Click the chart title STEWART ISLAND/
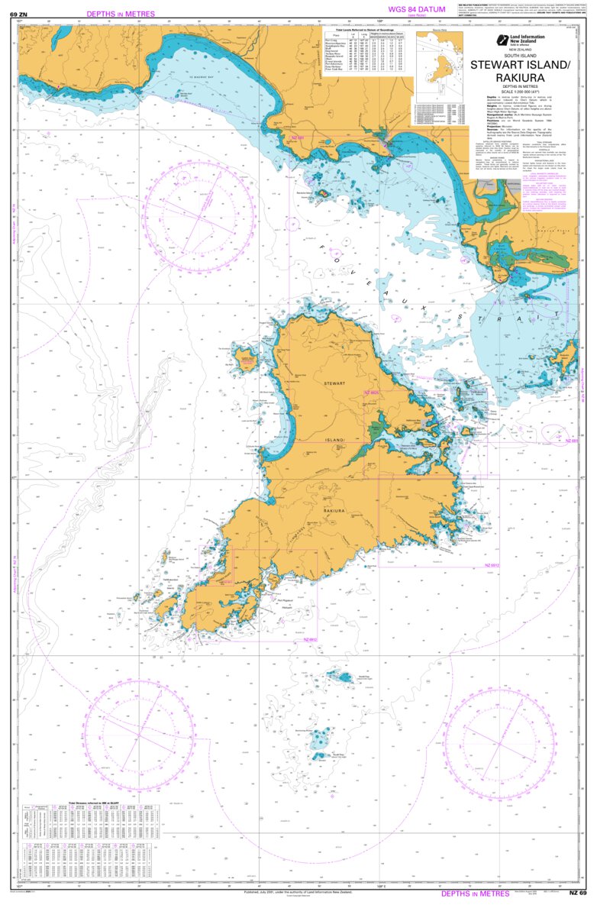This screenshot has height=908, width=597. tap(527, 65)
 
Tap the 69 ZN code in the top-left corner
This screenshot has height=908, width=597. tap(18, 14)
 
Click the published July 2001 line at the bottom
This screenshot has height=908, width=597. tap(298, 891)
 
